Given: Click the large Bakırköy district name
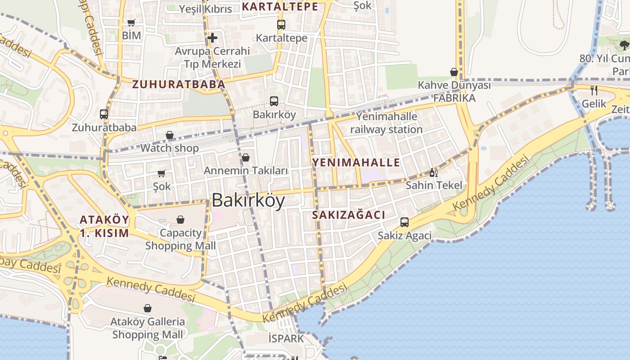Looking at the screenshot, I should tap(248, 201).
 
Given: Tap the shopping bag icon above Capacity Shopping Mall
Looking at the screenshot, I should tap(180, 220).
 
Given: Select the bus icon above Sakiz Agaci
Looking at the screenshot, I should tap(405, 222).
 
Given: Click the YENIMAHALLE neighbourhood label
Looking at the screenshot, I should tap(356, 162).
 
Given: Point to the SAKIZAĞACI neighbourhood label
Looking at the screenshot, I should tap(349, 215).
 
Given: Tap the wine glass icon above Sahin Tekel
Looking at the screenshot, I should tap(434, 172).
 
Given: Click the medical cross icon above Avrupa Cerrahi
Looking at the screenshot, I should tap(212, 37).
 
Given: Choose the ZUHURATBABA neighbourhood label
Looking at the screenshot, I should tap(178, 84).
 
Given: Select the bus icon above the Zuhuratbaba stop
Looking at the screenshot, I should tap(104, 114).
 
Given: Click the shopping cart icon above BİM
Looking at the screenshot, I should tap(131, 22).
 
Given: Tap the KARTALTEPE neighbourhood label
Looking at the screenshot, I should tap(280, 7).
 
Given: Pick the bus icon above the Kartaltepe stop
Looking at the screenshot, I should tap(281, 25).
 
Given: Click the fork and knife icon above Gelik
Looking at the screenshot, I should tap(594, 90).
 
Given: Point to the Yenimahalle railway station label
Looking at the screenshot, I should tap(386, 123).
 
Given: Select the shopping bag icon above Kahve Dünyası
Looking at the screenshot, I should tap(454, 72).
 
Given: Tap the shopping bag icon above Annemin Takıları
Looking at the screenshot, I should tap(246, 157).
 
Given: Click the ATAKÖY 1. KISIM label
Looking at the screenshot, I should tap(104, 226).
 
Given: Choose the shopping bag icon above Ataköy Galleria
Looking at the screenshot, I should tap(148, 308).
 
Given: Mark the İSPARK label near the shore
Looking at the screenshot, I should tap(286, 338).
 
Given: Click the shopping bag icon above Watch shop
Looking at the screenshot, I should tap(170, 135).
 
